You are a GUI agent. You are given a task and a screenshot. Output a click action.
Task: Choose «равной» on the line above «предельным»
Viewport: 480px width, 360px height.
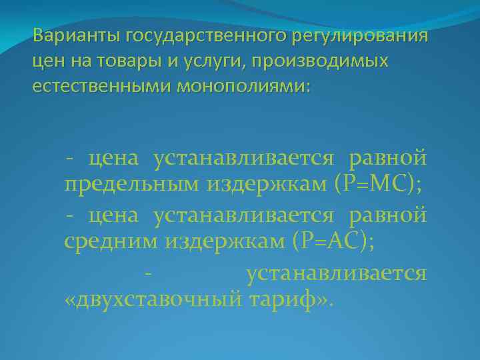coord(388,157)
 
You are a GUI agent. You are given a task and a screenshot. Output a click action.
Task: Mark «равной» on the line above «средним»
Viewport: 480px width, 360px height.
coord(388,215)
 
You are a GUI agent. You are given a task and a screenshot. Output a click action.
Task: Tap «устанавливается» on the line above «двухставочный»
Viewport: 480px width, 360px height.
coord(336,272)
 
